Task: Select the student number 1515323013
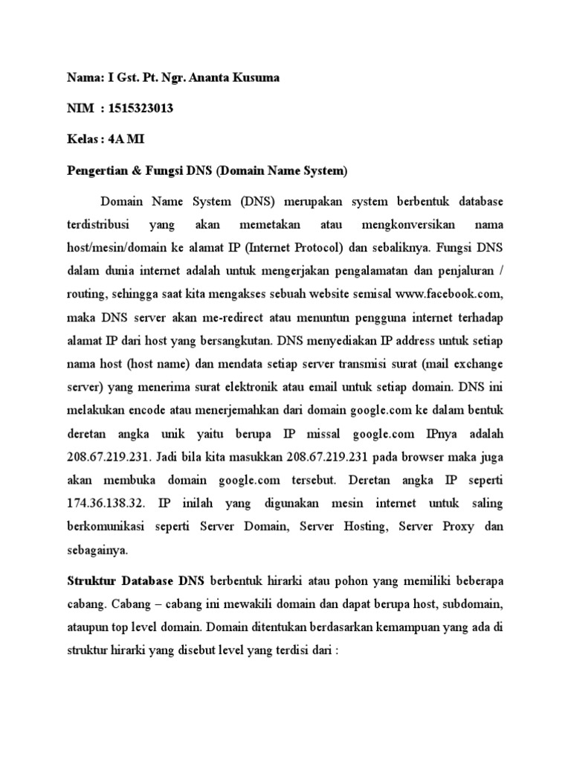point(140,109)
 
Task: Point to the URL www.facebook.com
point(444,284)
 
